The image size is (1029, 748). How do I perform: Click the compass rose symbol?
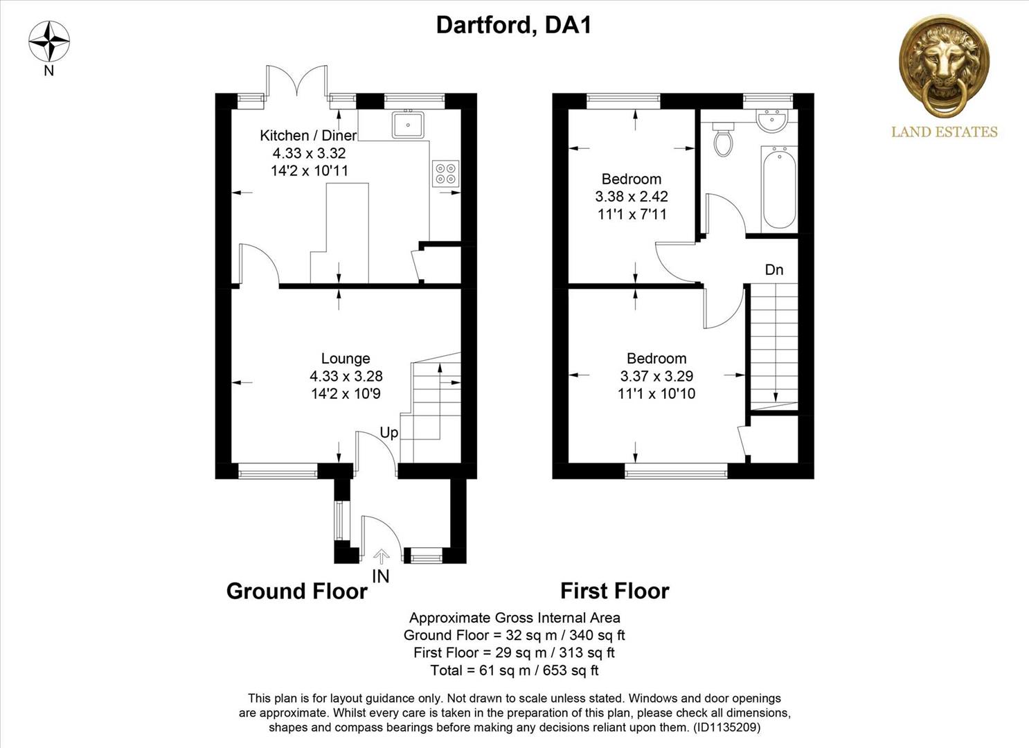(48, 42)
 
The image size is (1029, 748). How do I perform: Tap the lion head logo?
(944, 66)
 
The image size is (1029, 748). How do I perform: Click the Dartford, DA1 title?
(513, 26)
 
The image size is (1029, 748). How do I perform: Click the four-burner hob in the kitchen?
(445, 173)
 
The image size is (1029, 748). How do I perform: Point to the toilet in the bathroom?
(724, 139)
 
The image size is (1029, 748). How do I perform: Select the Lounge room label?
(346, 359)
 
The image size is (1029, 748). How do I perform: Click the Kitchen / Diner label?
(308, 136)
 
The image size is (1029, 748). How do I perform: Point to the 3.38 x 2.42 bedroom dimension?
(632, 197)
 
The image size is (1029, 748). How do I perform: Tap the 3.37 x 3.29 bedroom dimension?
(656, 376)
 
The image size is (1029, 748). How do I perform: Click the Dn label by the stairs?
(774, 270)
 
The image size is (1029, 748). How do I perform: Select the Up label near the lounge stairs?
(389, 433)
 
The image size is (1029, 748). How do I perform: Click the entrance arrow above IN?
(381, 555)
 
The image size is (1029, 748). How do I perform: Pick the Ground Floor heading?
(296, 591)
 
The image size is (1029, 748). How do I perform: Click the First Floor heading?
(614, 591)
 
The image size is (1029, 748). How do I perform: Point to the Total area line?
(514, 670)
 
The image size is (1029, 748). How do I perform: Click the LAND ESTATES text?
(944, 132)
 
